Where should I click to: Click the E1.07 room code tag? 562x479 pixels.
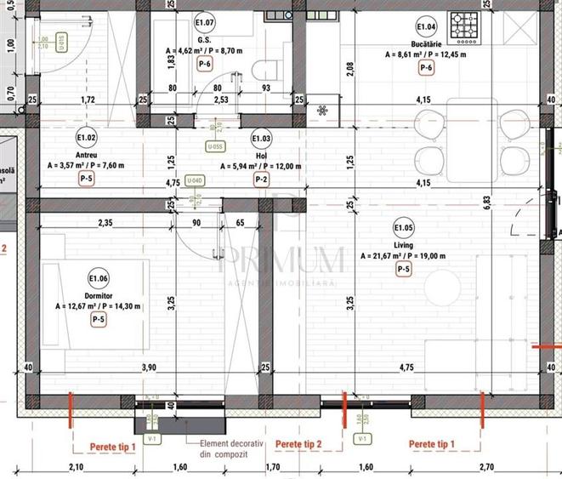(204, 22)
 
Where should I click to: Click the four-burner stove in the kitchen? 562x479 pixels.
(468, 27)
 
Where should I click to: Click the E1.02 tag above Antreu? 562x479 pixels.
(86, 136)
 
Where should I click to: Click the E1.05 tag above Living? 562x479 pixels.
(404, 227)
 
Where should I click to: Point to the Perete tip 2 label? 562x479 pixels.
(299, 444)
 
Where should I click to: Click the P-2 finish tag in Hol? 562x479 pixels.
(262, 179)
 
